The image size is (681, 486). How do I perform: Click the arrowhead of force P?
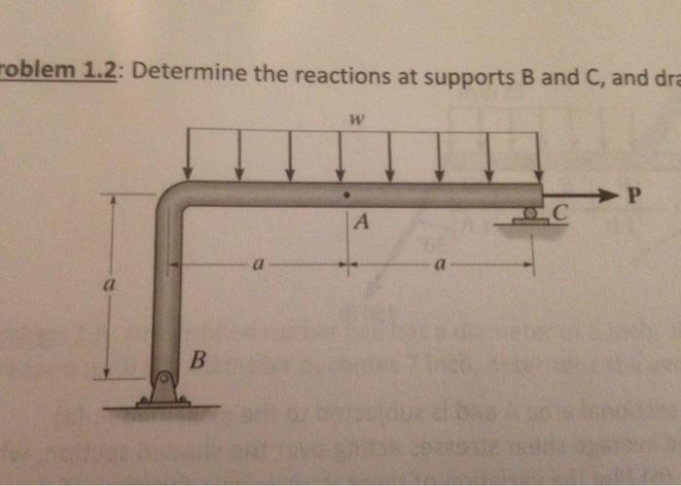point(611,196)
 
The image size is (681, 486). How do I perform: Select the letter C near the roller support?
point(557,211)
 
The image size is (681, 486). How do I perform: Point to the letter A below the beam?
point(362,223)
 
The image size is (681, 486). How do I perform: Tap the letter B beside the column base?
point(197,362)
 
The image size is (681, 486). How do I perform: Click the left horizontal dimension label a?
point(256,262)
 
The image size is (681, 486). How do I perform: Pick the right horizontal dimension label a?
point(440,262)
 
